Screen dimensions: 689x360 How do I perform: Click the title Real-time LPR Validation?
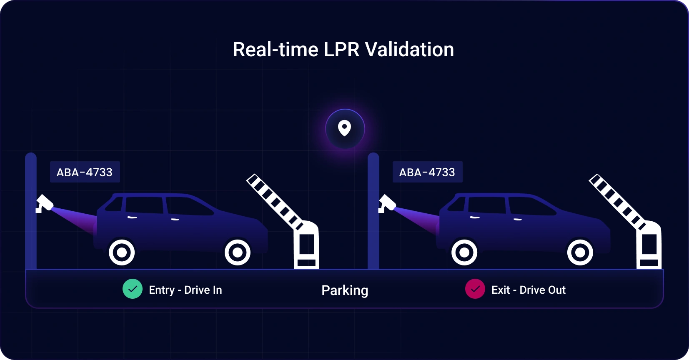pyautogui.click(x=343, y=50)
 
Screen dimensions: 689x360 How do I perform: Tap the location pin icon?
pyautogui.click(x=345, y=129)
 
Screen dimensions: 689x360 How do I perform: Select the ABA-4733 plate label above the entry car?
pyautogui.click(x=85, y=172)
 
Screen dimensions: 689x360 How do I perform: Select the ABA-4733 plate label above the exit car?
pyautogui.click(x=428, y=172)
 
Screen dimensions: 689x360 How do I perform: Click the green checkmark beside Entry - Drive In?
pyautogui.click(x=133, y=289)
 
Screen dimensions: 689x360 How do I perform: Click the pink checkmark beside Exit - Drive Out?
pyautogui.click(x=475, y=289)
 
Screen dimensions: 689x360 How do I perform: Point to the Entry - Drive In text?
pyautogui.click(x=185, y=290)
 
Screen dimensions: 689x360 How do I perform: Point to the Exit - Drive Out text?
pyautogui.click(x=529, y=290)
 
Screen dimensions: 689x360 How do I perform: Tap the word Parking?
pyautogui.click(x=345, y=290)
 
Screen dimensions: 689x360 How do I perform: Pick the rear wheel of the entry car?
pyautogui.click(x=122, y=252)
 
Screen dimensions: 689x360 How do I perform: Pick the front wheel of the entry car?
pyautogui.click(x=238, y=252)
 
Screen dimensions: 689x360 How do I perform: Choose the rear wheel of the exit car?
pyautogui.click(x=464, y=252)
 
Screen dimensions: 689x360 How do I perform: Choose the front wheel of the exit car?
pyautogui.click(x=580, y=252)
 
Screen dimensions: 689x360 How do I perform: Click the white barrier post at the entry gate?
pyautogui.click(x=307, y=245)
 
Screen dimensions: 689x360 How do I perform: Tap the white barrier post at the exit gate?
pyautogui.click(x=649, y=245)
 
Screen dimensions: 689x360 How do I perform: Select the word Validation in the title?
pyautogui.click(x=410, y=50)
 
